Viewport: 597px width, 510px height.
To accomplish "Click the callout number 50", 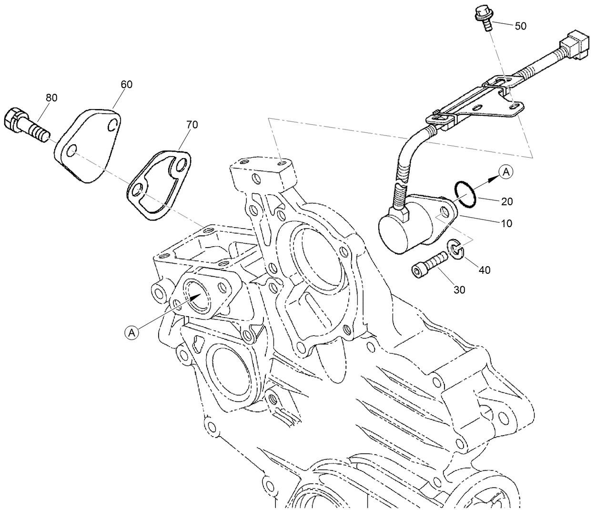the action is [521, 26].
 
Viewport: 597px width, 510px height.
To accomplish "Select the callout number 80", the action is [51, 98].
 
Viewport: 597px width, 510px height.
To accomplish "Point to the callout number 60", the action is [126, 84].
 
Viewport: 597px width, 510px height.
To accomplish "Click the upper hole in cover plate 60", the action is [112, 126].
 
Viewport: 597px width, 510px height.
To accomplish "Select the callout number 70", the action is [192, 125].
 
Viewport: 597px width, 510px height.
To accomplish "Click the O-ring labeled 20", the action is [465, 195].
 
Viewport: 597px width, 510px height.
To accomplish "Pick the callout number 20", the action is [507, 201].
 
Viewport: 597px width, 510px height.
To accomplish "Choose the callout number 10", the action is [507, 223].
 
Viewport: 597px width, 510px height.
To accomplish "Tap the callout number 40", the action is [485, 270].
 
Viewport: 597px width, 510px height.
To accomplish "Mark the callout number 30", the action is [459, 290].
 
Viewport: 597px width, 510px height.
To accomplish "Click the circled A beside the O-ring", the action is [507, 172].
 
